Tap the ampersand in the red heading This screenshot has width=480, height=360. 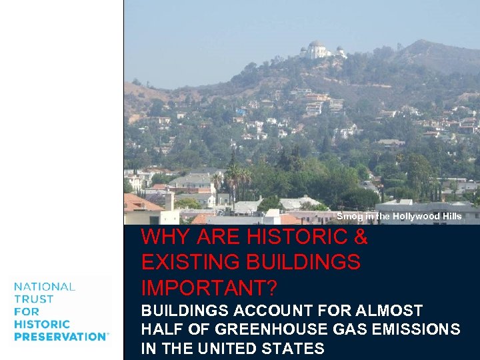359,237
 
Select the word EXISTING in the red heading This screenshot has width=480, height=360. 193,263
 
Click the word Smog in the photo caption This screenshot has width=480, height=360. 347,217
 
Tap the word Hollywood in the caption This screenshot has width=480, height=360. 417,217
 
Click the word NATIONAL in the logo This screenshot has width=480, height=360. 45,287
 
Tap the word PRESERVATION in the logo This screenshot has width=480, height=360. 60,337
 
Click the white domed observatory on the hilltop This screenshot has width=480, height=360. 316,50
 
